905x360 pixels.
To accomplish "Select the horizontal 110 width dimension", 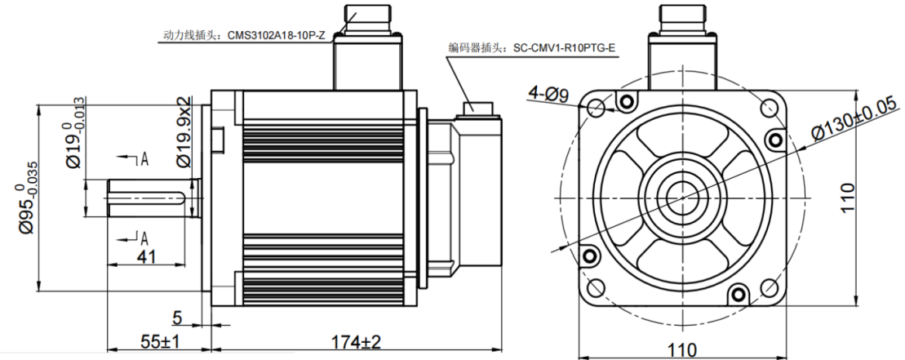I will [682, 350].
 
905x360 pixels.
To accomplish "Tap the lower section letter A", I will [144, 238].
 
